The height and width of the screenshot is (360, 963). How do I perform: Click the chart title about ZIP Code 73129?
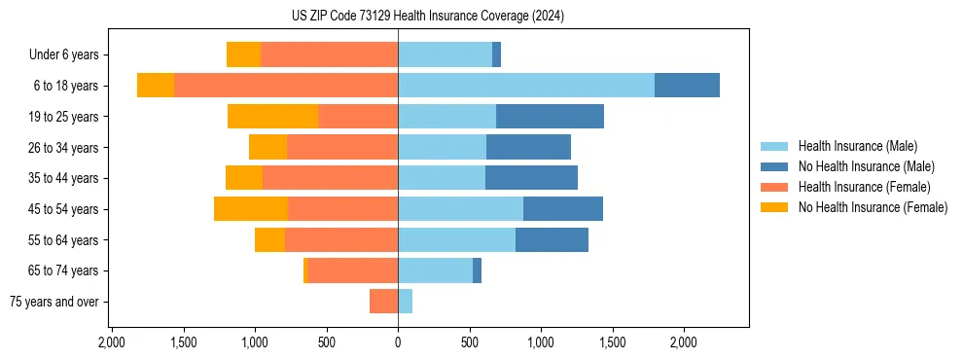click(428, 17)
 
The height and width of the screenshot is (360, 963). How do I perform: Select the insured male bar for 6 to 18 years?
click(526, 86)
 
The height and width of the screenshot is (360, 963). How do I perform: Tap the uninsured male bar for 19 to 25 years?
click(550, 117)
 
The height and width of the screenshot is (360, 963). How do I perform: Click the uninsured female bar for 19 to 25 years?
click(272, 117)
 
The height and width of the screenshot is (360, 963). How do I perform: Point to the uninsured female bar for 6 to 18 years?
click(156, 86)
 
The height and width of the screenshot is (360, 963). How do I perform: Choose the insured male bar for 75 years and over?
click(405, 302)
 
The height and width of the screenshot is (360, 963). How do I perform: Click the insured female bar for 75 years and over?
click(384, 302)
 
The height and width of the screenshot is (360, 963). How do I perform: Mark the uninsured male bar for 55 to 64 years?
click(552, 240)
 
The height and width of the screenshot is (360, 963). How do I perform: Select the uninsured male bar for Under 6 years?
click(496, 54)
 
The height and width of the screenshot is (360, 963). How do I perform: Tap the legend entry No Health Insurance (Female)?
click(873, 207)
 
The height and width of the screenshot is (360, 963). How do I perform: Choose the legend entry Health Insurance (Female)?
click(865, 187)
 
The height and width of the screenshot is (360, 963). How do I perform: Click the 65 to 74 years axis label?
click(63, 270)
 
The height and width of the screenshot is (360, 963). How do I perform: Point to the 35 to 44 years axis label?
click(63, 178)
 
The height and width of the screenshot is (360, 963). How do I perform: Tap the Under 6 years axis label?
click(69, 55)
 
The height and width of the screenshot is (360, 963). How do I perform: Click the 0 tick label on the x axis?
click(398, 343)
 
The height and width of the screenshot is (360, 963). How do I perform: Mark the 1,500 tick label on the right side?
click(613, 343)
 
